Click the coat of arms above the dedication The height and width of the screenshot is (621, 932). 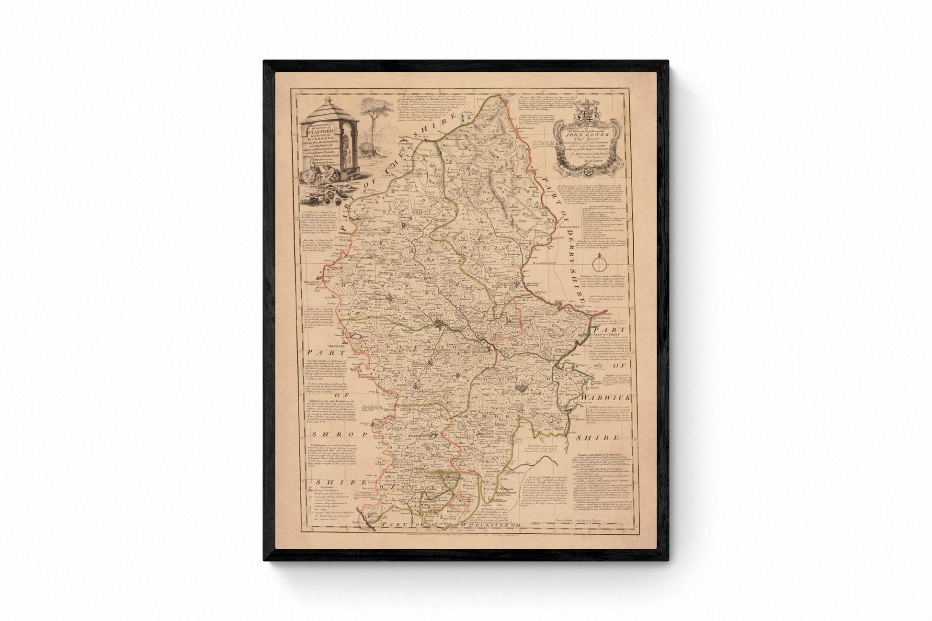pos(582,107)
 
